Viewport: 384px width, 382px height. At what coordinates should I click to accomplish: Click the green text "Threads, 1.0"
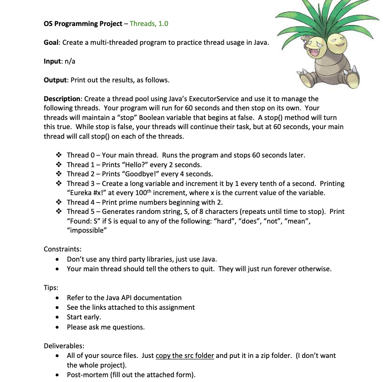point(149,24)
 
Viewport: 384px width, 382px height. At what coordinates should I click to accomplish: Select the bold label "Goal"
point(51,42)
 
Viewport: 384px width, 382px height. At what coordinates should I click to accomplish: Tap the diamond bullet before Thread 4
point(59,202)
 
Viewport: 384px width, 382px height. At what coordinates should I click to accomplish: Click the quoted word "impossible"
point(87,230)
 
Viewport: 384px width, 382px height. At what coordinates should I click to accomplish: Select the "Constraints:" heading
point(62,249)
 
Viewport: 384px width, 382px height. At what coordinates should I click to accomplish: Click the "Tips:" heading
point(51,288)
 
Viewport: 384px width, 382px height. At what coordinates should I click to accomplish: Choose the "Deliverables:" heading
point(64,345)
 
